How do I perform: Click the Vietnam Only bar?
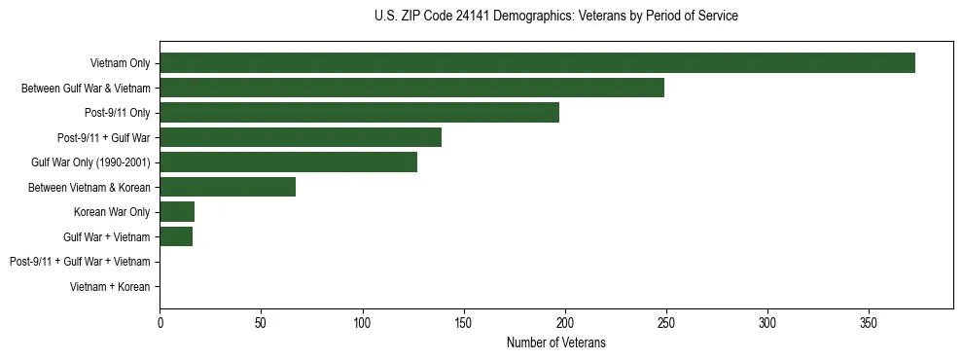(x=537, y=63)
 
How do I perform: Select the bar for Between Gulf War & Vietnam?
(x=411, y=88)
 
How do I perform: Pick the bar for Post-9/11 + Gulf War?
(x=301, y=137)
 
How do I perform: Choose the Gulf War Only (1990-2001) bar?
(x=288, y=162)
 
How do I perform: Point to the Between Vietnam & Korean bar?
(x=228, y=187)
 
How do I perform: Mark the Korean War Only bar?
(x=177, y=212)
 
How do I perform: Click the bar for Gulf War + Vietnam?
(x=176, y=236)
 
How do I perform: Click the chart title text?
(x=555, y=17)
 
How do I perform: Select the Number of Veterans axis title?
(x=555, y=342)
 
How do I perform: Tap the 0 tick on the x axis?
(x=160, y=322)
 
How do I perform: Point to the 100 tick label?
(x=362, y=322)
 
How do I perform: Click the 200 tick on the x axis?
(x=565, y=322)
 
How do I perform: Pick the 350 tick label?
(x=869, y=322)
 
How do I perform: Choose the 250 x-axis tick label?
(x=666, y=322)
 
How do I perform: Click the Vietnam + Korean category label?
(x=110, y=287)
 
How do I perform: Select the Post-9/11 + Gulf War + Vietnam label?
(x=80, y=262)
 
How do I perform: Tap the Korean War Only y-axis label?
(x=112, y=212)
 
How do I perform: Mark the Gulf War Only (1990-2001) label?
(x=90, y=162)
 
